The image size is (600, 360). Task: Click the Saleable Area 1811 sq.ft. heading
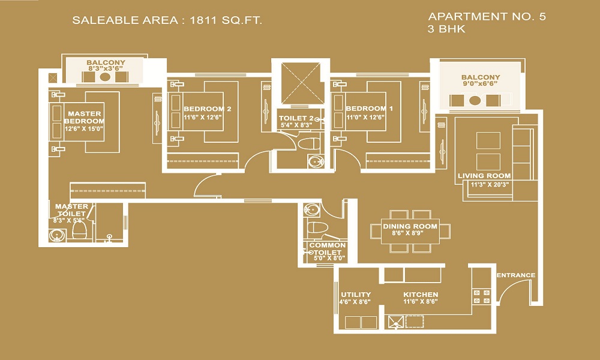[x=167, y=20]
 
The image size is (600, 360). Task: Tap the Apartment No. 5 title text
[x=487, y=16]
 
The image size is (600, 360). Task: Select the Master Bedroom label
[x=85, y=117]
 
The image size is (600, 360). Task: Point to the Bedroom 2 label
[x=208, y=109]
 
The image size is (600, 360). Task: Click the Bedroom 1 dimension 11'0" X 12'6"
[x=365, y=117]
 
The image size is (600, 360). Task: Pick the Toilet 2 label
[x=296, y=118]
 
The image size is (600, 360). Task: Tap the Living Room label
[x=484, y=176]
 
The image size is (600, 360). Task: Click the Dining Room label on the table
[x=410, y=226]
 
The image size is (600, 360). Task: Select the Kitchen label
[x=421, y=295]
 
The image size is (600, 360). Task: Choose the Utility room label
[x=356, y=295]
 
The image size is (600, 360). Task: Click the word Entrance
[x=516, y=275]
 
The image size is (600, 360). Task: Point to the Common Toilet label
[x=327, y=248]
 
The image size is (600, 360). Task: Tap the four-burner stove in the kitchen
[x=481, y=296]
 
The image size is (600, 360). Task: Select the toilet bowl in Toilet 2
[x=308, y=144]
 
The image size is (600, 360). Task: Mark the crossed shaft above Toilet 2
[x=301, y=83]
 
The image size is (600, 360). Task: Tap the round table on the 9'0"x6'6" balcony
[x=475, y=101]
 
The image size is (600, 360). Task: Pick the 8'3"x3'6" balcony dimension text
[x=106, y=68]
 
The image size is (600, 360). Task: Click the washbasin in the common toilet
[x=311, y=209]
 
